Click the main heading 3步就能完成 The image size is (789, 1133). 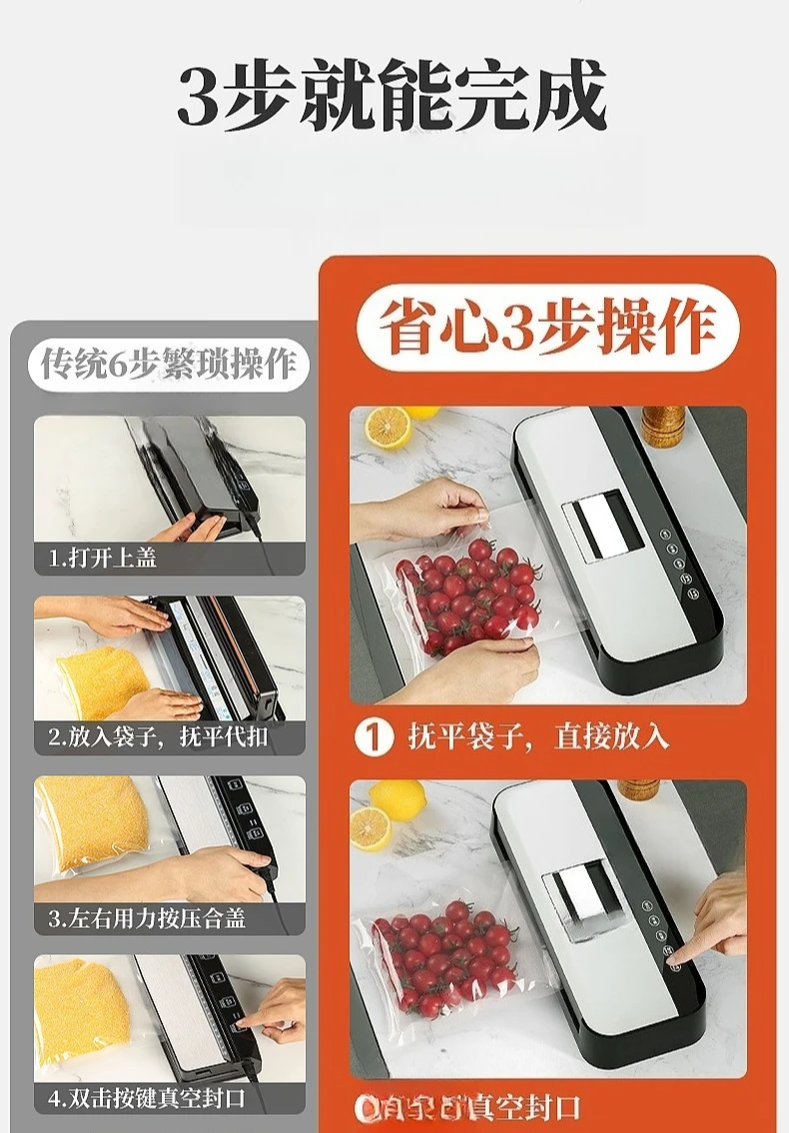pos(393,97)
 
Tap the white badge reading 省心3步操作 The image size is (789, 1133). pos(547,330)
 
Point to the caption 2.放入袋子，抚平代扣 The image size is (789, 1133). pos(160,738)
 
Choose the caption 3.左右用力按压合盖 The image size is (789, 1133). pos(148,917)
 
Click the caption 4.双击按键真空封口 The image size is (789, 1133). pos(147,1097)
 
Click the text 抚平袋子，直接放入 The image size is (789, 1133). pos(537,737)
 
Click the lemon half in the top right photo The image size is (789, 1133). pos(387,427)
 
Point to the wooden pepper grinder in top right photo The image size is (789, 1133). pos(662,426)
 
